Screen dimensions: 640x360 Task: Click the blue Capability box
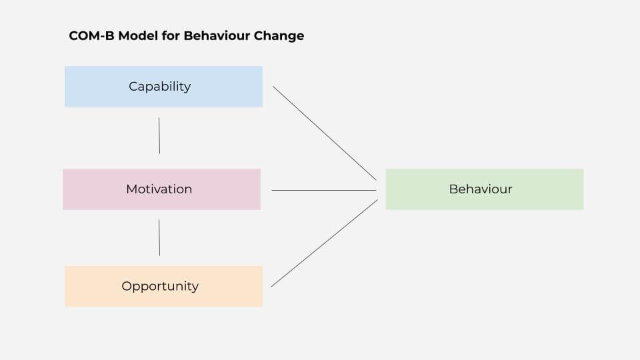pyautogui.click(x=164, y=87)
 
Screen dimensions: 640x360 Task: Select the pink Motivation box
pyautogui.click(x=161, y=189)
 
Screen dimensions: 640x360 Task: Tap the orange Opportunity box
pyautogui.click(x=164, y=287)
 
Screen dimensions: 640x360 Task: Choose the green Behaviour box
pyautogui.click(x=485, y=189)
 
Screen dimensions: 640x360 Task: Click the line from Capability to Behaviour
pyautogui.click(x=325, y=133)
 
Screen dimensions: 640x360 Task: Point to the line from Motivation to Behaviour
pyautogui.click(x=324, y=190)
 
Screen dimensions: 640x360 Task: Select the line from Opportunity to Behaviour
pyautogui.click(x=324, y=243)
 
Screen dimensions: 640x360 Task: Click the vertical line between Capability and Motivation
pyautogui.click(x=159, y=135)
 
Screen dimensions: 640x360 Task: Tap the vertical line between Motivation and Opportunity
pyautogui.click(x=159, y=237)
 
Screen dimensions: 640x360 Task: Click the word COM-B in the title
pyautogui.click(x=91, y=36)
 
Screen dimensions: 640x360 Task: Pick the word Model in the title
pyautogui.click(x=138, y=36)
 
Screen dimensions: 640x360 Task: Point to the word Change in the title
pyautogui.click(x=279, y=36)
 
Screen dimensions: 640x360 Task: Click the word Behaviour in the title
pyautogui.click(x=216, y=36)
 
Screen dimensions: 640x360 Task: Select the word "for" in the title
pyautogui.click(x=171, y=36)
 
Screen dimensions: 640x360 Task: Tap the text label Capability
pyautogui.click(x=159, y=87)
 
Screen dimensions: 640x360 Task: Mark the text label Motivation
pyautogui.click(x=159, y=189)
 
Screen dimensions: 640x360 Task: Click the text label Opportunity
pyautogui.click(x=160, y=287)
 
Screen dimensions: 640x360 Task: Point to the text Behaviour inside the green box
pyautogui.click(x=481, y=189)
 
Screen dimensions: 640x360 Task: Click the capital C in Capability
pyautogui.click(x=133, y=87)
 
